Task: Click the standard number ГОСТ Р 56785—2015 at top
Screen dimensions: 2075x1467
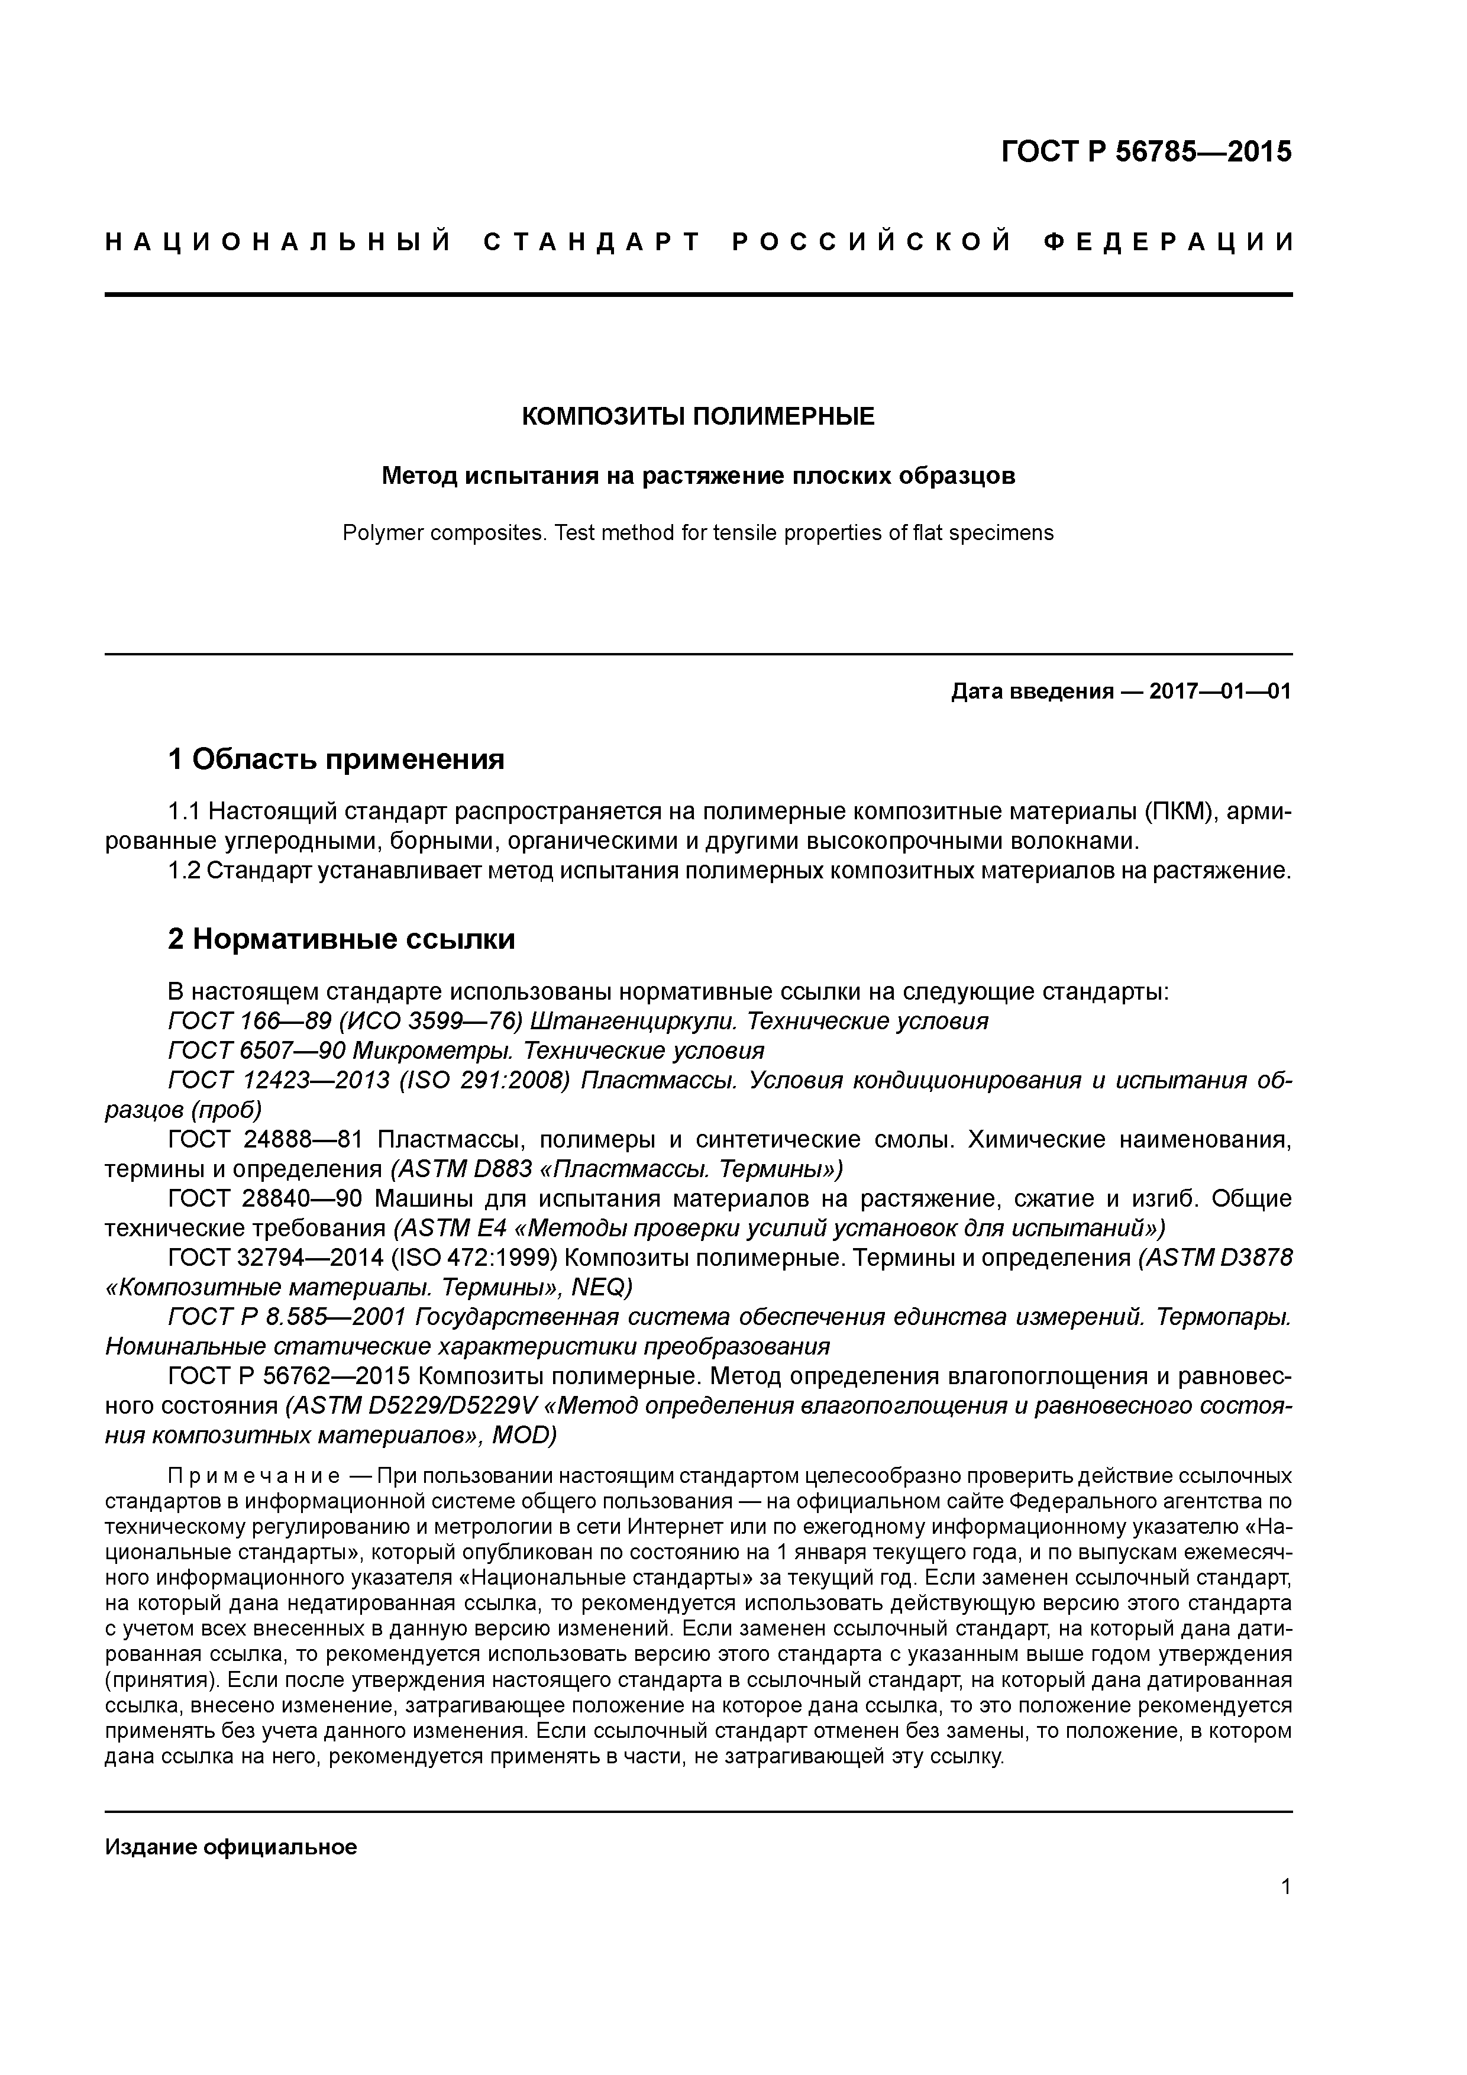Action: [1146, 151]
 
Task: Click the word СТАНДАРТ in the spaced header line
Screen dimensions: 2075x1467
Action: [592, 242]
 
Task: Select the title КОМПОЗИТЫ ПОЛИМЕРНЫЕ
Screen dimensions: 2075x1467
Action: [698, 416]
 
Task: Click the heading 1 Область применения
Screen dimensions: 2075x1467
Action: [335, 759]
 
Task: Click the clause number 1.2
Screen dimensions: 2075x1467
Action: [185, 871]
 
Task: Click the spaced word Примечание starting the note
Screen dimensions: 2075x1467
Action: [254, 1478]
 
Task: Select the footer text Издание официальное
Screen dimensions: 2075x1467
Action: [231, 1847]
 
